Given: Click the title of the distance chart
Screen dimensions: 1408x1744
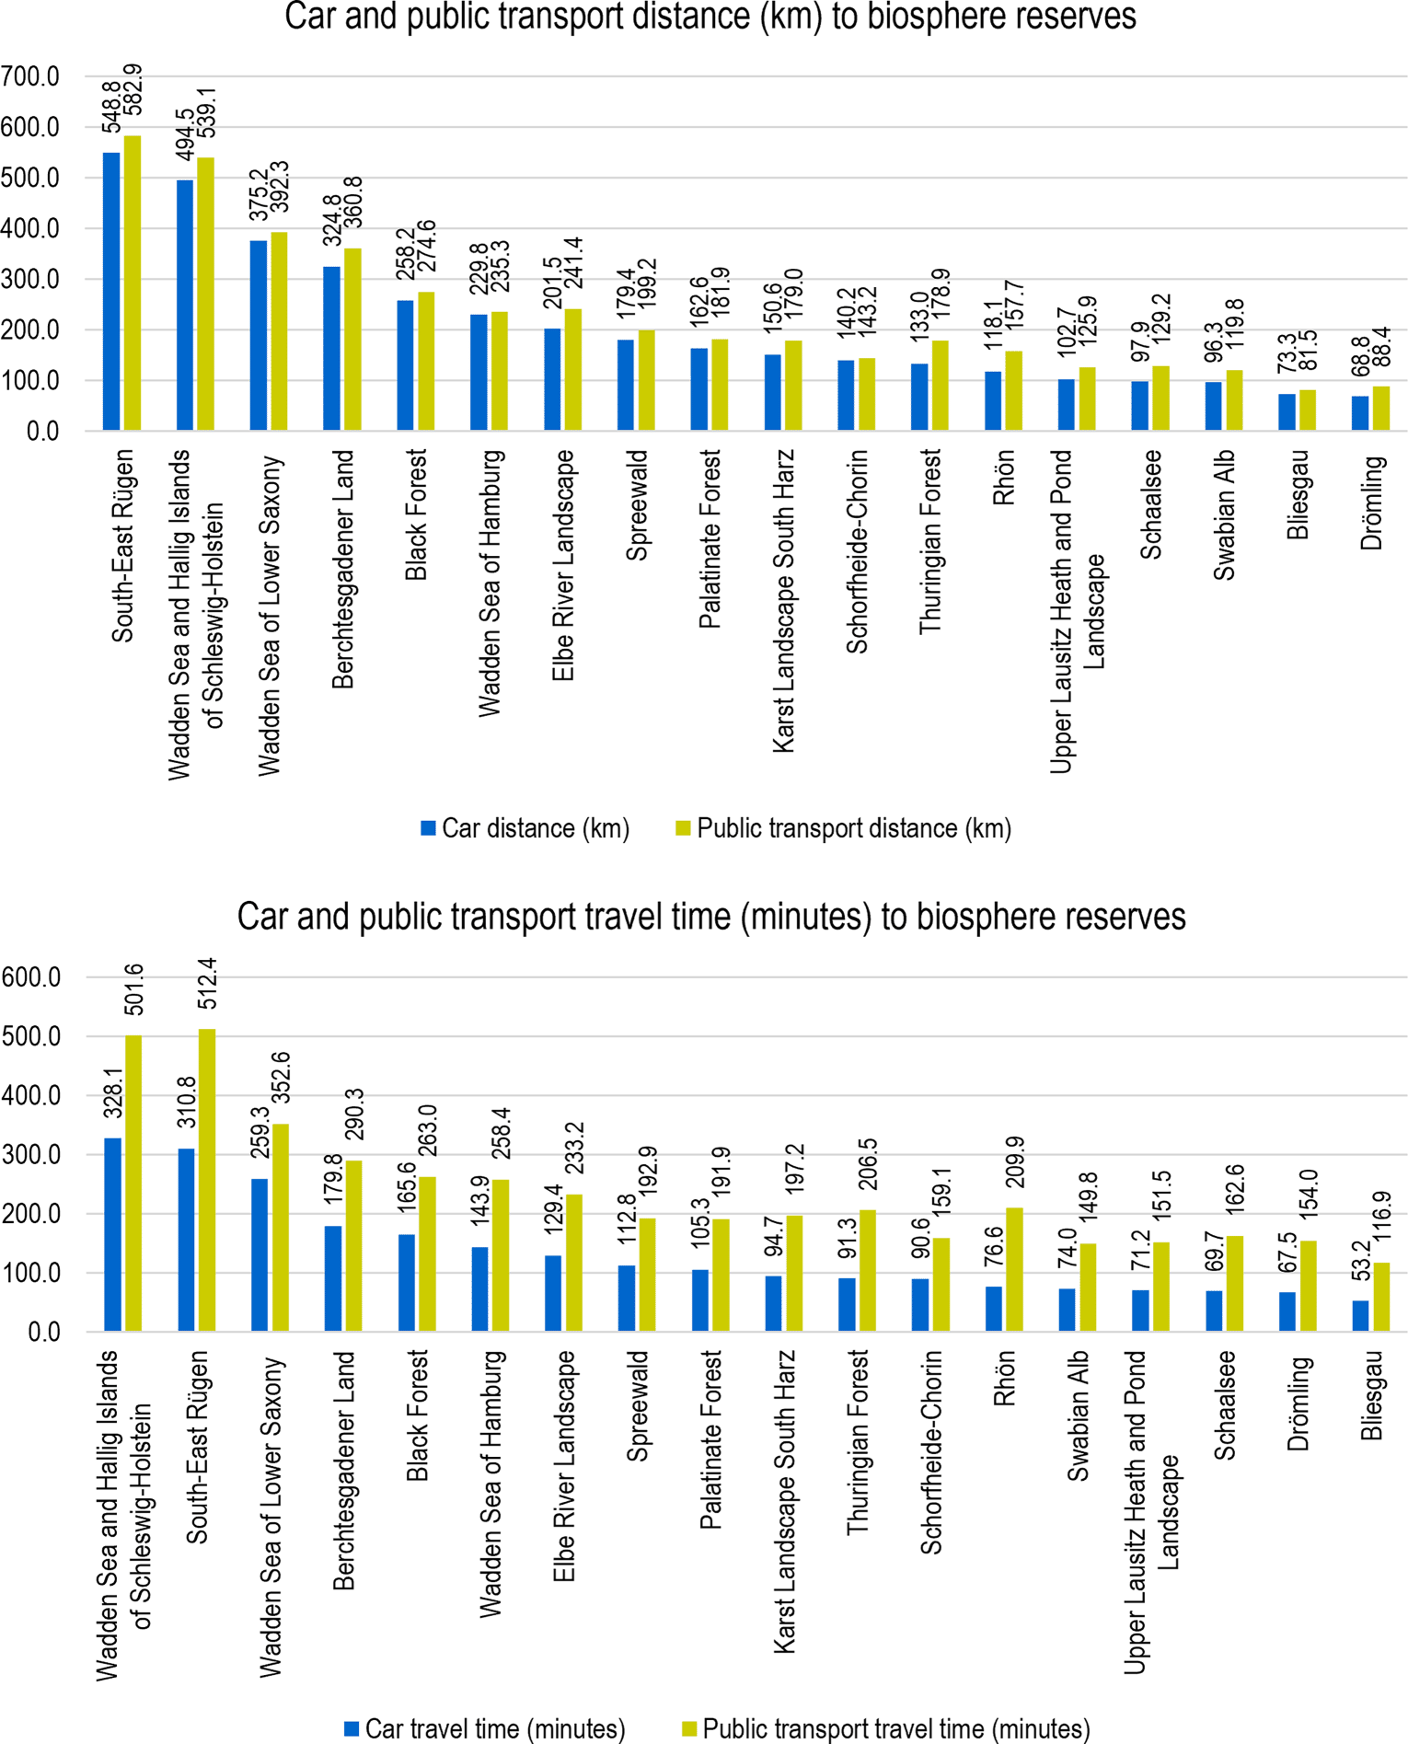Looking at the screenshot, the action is [710, 17].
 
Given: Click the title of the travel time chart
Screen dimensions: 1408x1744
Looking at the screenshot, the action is [711, 917].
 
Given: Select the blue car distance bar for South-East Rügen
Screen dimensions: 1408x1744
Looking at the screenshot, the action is [111, 292].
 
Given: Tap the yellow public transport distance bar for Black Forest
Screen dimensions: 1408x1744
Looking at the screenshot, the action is [426, 362].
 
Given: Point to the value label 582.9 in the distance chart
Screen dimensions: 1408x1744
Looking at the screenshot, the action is [133, 90].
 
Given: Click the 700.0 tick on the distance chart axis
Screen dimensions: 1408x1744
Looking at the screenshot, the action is [30, 76].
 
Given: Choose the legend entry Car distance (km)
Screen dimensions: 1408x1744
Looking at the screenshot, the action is [525, 828].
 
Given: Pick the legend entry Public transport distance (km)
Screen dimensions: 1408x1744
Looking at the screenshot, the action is [844, 828].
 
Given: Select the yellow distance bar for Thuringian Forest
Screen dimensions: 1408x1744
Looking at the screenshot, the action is [940, 386].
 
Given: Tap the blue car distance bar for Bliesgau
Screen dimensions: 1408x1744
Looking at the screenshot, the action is [1287, 412].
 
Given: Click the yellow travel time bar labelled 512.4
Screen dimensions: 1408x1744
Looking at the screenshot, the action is [207, 1180].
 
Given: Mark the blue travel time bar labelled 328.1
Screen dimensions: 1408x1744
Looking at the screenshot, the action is [112, 1235].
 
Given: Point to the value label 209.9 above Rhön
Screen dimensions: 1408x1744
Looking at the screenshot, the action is [1015, 1162].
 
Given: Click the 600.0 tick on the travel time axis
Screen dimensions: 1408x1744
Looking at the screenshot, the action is [31, 977].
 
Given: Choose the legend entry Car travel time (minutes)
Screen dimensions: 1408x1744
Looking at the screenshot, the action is [485, 1728].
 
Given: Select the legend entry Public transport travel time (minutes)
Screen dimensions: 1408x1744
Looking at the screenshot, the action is [886, 1728].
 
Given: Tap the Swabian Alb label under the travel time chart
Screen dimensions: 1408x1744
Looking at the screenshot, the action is [1078, 1415].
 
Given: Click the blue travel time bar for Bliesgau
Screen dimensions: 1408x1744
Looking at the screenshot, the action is [1360, 1316].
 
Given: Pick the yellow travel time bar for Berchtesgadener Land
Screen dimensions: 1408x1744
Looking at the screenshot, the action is [353, 1246].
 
